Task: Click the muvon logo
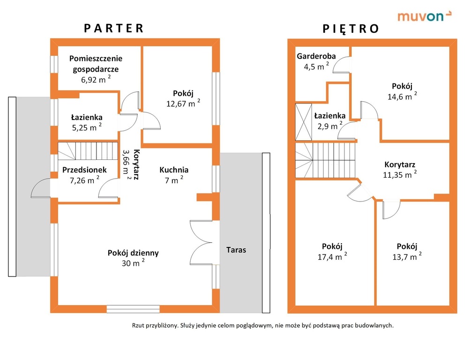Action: [424, 16]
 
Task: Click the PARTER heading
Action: [113, 28]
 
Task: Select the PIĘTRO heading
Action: [350, 29]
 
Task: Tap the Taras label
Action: [236, 250]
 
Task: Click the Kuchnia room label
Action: [174, 170]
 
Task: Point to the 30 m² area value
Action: [133, 262]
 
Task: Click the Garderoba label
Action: [316, 56]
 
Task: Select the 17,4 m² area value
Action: [332, 256]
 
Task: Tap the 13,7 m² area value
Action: [407, 256]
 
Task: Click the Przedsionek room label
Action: [84, 170]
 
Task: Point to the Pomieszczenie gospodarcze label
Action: [96, 64]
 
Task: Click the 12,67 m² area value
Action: [183, 103]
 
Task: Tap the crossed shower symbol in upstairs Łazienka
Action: [304, 122]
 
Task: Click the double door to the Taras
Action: [201, 242]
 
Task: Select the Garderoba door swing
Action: [341, 65]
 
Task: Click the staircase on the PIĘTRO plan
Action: [325, 160]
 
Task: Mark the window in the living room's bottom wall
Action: [133, 309]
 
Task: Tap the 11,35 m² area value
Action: [400, 174]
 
